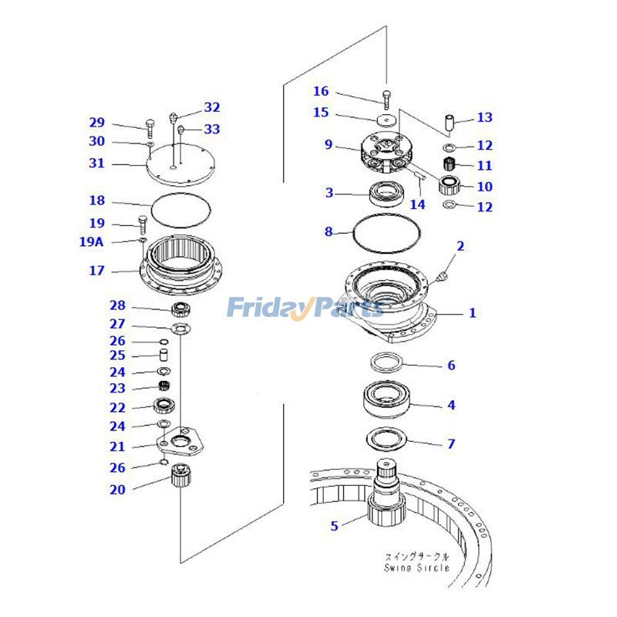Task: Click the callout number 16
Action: [x=321, y=91]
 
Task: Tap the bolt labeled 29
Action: [x=150, y=129]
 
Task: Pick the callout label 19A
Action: [x=92, y=241]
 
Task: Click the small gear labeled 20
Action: [x=181, y=475]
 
